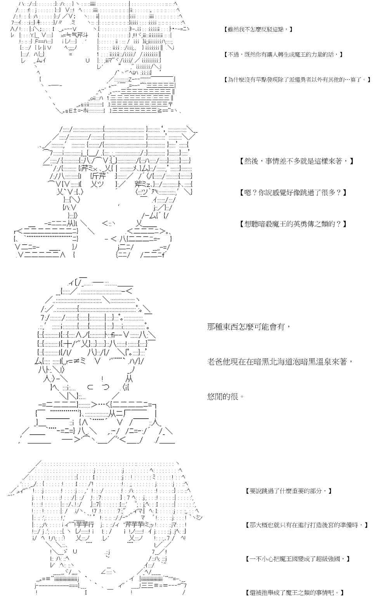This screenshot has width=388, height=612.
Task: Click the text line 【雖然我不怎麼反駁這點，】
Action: coord(258,29)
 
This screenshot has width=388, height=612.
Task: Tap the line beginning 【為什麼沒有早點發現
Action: coord(297,80)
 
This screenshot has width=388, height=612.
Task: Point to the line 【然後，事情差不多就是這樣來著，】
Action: coord(297,161)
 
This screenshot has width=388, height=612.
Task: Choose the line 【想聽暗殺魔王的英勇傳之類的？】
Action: coord(293,224)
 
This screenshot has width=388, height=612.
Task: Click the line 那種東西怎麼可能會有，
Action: coord(249,327)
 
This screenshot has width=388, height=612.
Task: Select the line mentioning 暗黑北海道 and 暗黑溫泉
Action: coord(280,362)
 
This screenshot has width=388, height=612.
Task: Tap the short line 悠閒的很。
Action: coord(226,397)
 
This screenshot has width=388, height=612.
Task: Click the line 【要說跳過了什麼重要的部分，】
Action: coord(289,491)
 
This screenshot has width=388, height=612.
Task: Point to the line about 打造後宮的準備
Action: coord(307,525)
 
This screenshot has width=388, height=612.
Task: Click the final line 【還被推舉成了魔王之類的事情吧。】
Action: coord(295,593)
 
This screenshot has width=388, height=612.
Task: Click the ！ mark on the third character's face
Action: coord(102,379)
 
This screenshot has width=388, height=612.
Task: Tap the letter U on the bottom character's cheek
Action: coord(75,551)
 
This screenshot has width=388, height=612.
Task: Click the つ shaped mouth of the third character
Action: coord(105,387)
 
